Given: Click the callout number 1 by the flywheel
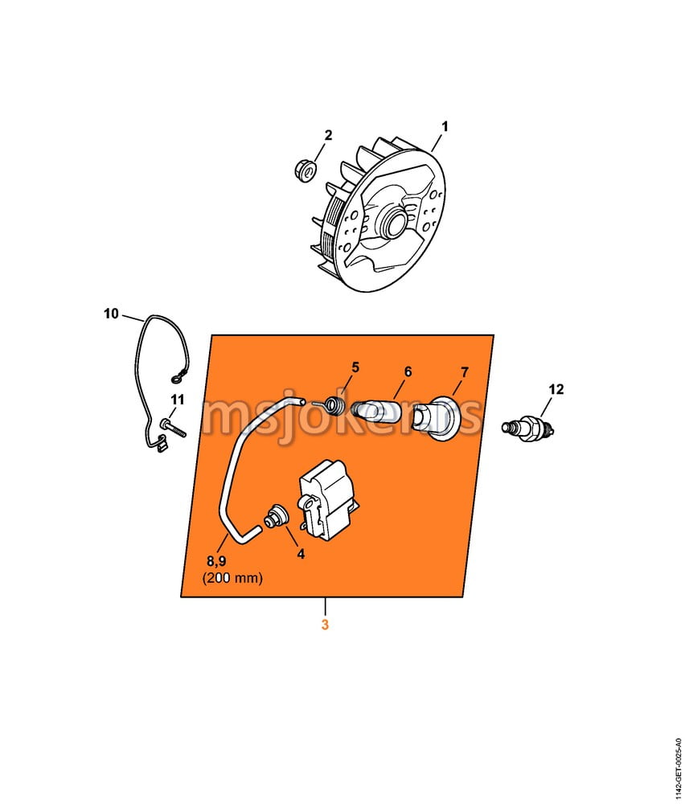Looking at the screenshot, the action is pos(445,126).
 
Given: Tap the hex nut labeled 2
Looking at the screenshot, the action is pos(306,170).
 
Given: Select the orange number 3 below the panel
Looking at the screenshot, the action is pos(325,625).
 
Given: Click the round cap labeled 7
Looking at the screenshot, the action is pos(439,418).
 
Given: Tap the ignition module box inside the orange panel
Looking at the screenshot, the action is pos(330,499).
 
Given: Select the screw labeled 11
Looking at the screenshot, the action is pos(172,428).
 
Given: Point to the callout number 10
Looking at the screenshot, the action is pos(111,314).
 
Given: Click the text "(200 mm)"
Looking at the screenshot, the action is pos(233,578).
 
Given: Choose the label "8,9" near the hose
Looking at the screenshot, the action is pos(216,561).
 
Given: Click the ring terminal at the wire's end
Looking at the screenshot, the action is pos(176,379).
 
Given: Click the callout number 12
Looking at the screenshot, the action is pos(556,390).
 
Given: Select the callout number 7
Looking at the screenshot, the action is pos(465,373).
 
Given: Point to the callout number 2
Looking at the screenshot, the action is pos(328,135).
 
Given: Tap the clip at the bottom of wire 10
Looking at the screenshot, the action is pos(160,444).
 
